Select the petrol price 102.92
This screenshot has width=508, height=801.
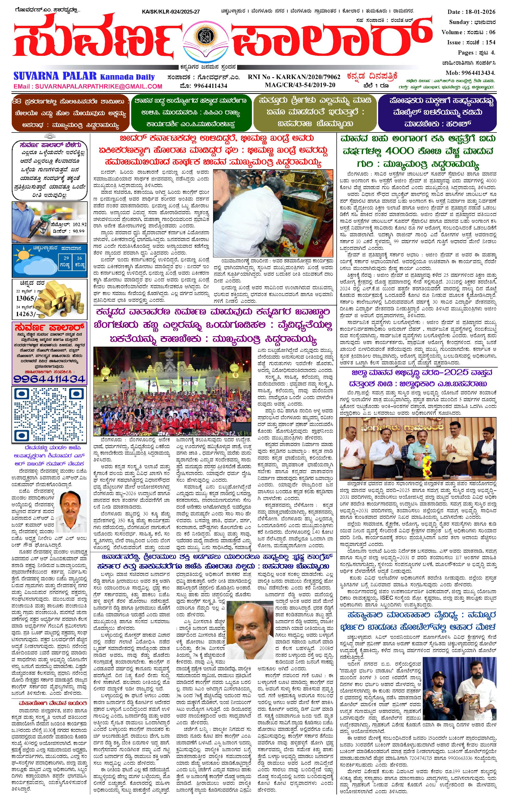point(79,225)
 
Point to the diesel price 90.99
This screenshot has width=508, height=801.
point(78,231)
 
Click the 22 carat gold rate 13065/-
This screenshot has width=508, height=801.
point(25,298)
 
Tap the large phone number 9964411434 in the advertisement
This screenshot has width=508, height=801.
point(49,378)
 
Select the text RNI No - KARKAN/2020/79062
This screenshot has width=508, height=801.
point(294,77)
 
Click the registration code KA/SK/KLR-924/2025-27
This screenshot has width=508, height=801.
point(171,12)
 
